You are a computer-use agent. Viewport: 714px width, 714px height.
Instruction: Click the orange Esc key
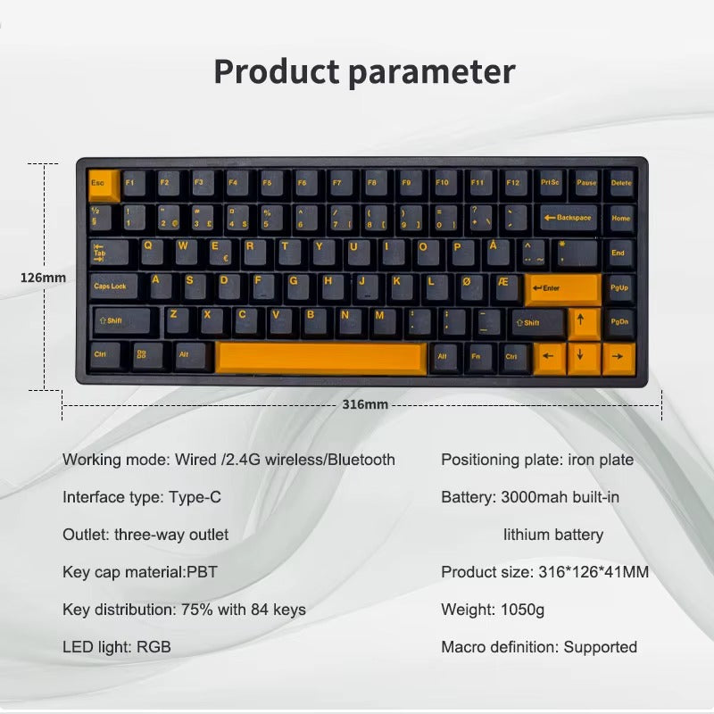click(104, 184)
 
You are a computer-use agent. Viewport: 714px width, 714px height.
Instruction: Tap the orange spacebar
click(321, 357)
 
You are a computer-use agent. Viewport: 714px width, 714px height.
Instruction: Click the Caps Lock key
click(112, 286)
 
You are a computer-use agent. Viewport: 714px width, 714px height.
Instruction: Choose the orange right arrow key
click(618, 358)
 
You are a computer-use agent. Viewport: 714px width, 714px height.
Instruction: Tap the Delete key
click(620, 183)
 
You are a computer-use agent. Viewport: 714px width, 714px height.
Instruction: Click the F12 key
click(512, 183)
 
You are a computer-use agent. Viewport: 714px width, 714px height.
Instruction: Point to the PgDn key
click(619, 321)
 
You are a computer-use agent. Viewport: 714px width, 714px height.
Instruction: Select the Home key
click(620, 218)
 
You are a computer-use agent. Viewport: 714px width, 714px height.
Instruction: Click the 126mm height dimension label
click(43, 278)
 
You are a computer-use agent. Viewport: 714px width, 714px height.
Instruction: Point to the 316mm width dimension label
click(365, 404)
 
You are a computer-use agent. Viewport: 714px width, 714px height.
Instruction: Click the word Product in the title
click(276, 71)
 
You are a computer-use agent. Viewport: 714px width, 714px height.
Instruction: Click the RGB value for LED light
click(154, 647)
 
